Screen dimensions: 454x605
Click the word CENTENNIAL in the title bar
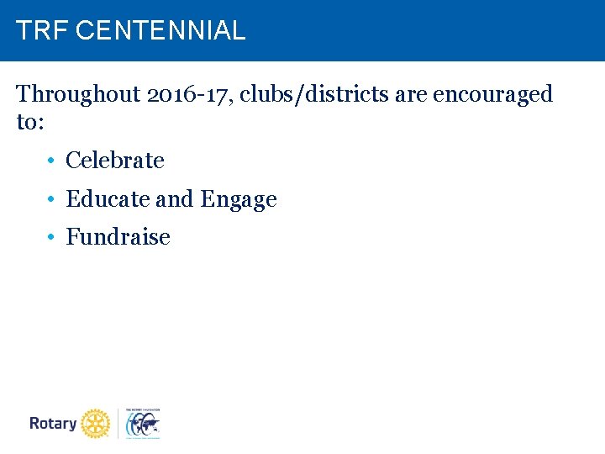[x=160, y=31]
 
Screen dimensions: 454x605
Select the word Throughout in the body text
[x=77, y=94]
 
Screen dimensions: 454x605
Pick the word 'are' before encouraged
[x=411, y=94]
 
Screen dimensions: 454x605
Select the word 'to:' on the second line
[x=30, y=122]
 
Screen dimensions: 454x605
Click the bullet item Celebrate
[x=115, y=160]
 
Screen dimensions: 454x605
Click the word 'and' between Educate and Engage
[x=175, y=199]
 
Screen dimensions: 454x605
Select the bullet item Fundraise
[x=118, y=237]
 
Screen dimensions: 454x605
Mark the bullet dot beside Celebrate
[x=51, y=161]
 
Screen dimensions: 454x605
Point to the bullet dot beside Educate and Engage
[x=51, y=200]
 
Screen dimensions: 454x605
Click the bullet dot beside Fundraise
[x=51, y=238]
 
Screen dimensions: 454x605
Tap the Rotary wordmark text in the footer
[x=53, y=423]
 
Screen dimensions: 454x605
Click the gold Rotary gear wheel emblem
[x=97, y=423]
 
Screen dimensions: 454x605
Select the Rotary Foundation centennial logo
[x=142, y=423]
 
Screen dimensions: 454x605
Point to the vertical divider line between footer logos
[x=118, y=423]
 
